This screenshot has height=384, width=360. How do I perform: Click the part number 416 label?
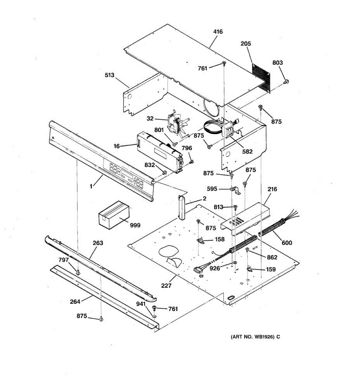218,32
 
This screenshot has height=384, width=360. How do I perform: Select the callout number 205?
246,44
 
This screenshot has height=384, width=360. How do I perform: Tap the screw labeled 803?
287,81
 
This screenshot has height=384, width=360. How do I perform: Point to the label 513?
109,75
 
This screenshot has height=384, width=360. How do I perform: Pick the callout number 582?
247,151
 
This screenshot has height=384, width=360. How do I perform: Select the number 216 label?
272,189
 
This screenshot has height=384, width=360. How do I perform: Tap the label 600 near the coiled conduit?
287,243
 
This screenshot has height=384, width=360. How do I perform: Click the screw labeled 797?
77,272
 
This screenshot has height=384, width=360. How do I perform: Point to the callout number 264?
75,301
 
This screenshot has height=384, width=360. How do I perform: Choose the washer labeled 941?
154,316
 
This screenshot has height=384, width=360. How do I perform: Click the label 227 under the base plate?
166,285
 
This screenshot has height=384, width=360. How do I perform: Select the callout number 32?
150,119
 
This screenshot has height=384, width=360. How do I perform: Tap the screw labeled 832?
165,172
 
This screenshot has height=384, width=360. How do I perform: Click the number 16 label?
116,146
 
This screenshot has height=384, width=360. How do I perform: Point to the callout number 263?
98,243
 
